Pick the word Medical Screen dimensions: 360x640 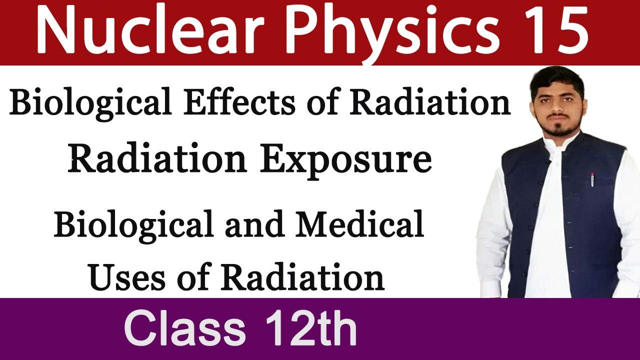(359, 225)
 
